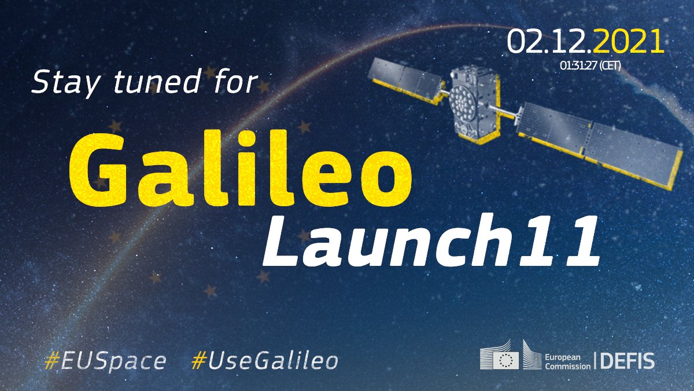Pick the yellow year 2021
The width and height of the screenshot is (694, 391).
(x=627, y=42)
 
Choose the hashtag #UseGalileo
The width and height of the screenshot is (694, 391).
(x=264, y=361)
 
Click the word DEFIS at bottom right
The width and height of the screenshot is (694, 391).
(x=627, y=361)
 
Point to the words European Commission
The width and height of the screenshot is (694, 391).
(x=566, y=361)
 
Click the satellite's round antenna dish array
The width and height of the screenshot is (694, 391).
(x=465, y=99)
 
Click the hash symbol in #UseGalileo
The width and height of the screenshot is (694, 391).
(x=198, y=361)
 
